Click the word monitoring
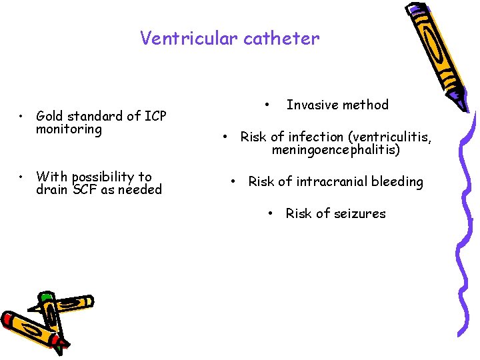pyautogui.click(x=69, y=129)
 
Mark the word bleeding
pyautogui.click(x=399, y=181)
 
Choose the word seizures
pyautogui.click(x=360, y=213)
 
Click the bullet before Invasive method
pyautogui.click(x=266, y=105)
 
